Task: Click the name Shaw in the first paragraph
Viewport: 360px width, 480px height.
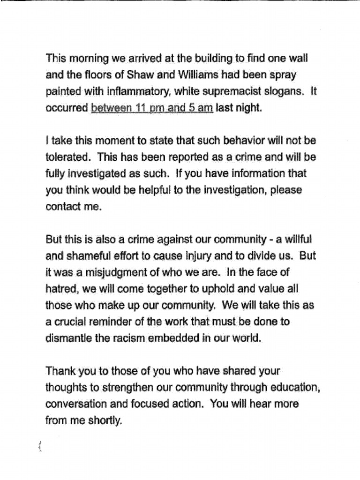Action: pos(127,75)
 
